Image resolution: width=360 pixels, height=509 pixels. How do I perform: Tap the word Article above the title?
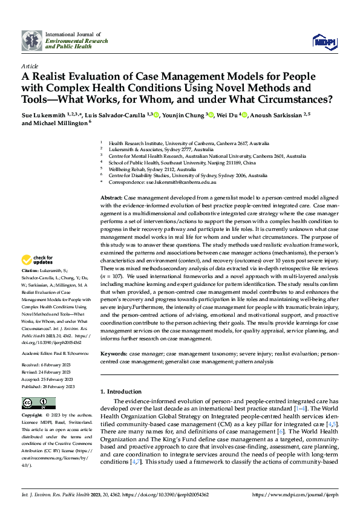click(x=30, y=66)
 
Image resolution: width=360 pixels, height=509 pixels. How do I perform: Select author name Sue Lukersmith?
click(x=44, y=114)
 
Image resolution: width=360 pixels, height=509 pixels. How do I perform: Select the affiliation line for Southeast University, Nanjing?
click(x=182, y=163)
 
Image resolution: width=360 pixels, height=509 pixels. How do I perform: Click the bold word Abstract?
click(x=111, y=198)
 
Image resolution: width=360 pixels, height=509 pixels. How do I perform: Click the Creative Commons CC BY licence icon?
click(x=38, y=403)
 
